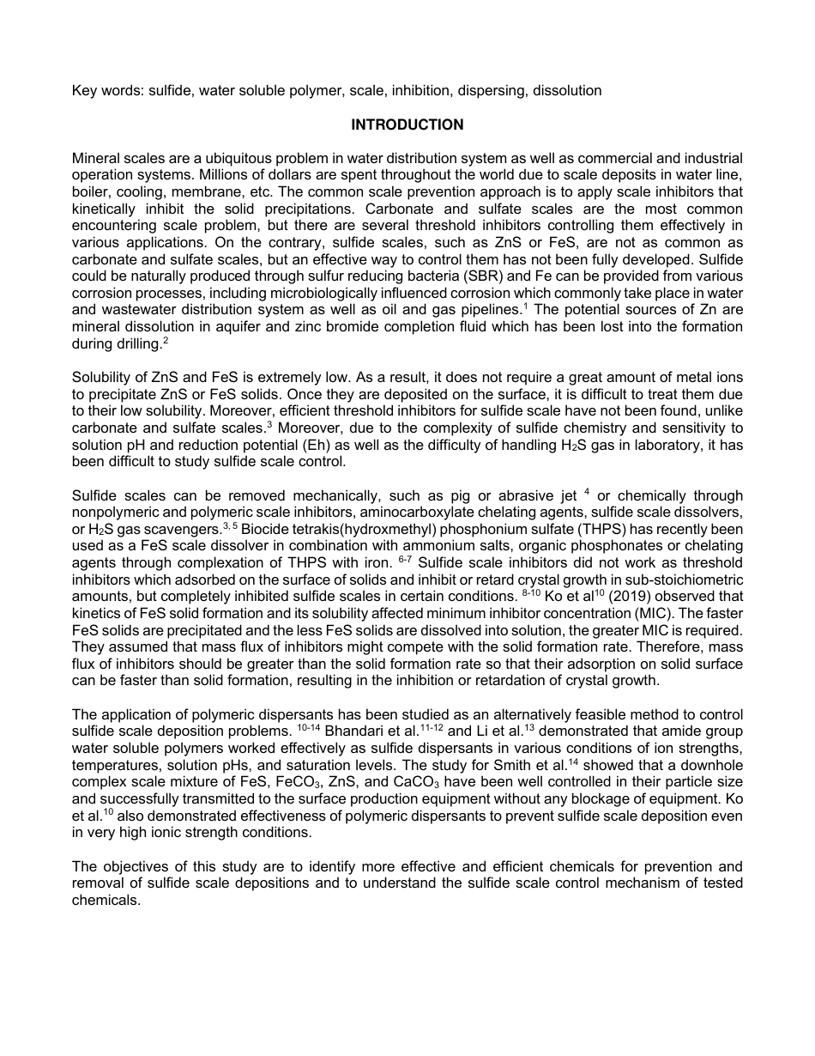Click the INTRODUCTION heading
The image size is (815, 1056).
(x=407, y=124)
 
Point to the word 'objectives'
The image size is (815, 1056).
(x=135, y=866)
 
